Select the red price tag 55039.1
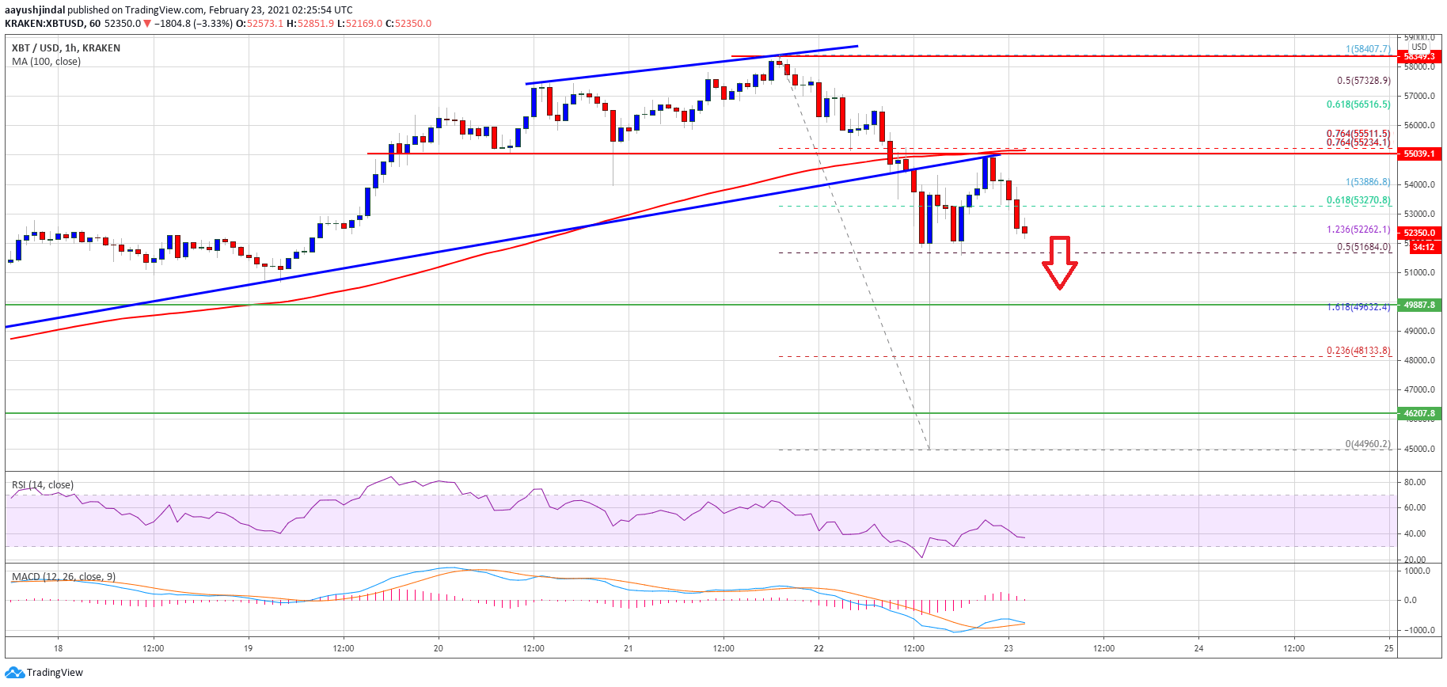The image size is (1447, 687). (1419, 154)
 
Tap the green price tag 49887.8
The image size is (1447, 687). (1419, 305)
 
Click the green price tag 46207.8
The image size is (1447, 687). (1419, 413)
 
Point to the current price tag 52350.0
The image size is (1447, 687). (1419, 233)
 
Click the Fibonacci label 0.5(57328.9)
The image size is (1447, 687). (1363, 81)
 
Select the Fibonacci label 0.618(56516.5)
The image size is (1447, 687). (1358, 104)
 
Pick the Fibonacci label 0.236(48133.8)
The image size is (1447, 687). (1358, 351)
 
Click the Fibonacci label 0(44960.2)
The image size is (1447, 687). (1368, 444)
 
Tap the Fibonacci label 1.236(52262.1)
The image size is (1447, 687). (1358, 230)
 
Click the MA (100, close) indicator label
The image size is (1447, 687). (46, 62)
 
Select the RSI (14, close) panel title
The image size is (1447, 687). (43, 485)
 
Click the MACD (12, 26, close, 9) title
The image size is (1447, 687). (63, 577)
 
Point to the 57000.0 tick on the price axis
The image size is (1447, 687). (1419, 97)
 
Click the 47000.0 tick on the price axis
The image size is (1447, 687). (1419, 389)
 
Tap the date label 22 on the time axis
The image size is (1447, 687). (818, 648)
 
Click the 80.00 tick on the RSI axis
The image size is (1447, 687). (1415, 482)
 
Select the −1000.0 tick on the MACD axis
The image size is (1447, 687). (1416, 631)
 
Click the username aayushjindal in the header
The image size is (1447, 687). (35, 10)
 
